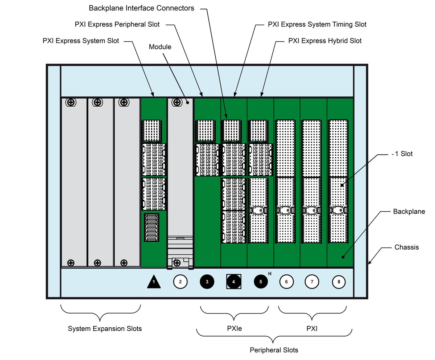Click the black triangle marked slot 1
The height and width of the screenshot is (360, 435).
(x=154, y=282)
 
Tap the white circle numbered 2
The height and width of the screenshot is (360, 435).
(x=181, y=281)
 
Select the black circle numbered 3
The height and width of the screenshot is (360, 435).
(x=207, y=281)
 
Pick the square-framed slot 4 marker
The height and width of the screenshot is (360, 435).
(x=233, y=281)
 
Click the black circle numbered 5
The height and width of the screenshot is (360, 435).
(x=260, y=281)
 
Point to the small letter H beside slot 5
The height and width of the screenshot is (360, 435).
(x=270, y=273)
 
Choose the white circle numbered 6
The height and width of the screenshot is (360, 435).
(x=287, y=281)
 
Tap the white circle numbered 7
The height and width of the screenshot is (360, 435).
(x=312, y=281)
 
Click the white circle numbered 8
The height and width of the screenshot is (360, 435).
(x=339, y=281)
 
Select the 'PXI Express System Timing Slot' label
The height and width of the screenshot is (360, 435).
(x=317, y=25)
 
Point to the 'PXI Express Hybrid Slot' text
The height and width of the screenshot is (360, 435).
(x=325, y=41)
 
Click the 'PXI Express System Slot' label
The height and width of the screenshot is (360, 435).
(x=80, y=41)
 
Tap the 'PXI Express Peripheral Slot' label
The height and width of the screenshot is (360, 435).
(x=117, y=25)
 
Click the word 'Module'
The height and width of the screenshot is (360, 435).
(x=160, y=47)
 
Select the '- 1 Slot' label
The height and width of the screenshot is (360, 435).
(x=402, y=154)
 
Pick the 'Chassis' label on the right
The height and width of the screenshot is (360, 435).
(x=406, y=247)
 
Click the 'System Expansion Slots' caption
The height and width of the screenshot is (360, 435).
(x=105, y=329)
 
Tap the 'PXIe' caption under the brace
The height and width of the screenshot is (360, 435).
(x=234, y=329)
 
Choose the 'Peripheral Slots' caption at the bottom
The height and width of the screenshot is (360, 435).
(x=274, y=350)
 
